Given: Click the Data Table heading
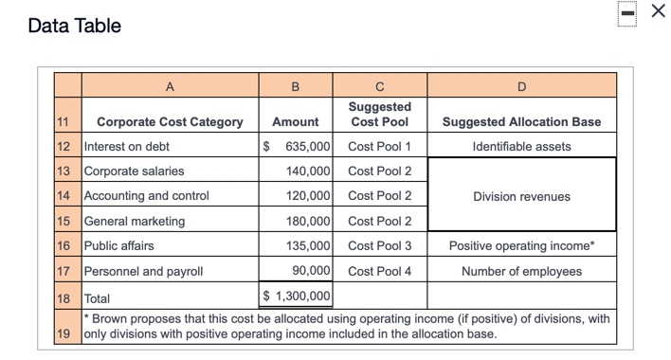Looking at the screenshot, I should point(75,26).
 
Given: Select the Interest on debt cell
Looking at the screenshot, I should point(127,147).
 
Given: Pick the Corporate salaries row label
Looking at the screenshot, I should point(135,171).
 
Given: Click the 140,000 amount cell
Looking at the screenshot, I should point(308,171).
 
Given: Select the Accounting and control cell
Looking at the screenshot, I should point(147,196).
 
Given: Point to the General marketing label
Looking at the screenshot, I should point(135,221).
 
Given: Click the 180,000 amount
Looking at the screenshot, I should point(308,221).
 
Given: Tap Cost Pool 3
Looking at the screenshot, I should point(379,245).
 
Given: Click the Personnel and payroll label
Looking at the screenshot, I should point(144,271).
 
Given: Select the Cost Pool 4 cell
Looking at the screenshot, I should point(379,271).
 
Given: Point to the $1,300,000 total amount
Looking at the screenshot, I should point(296,297).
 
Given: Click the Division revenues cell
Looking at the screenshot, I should point(521,196).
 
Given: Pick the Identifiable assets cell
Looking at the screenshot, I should point(521,147).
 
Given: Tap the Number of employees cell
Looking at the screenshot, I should point(521,271).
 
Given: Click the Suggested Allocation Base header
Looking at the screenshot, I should point(521,122).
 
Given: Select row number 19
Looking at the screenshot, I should point(63,333).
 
